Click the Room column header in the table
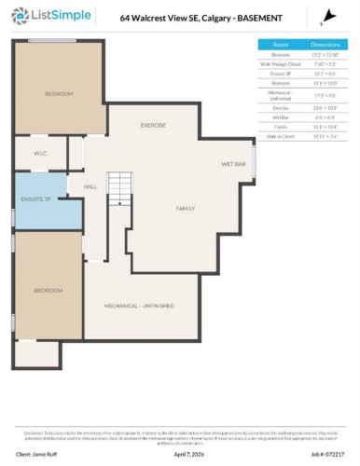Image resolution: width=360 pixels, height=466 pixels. [x=281, y=44]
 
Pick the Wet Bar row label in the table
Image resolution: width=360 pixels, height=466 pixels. [x=281, y=116]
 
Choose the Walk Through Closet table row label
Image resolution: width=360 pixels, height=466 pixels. [x=281, y=63]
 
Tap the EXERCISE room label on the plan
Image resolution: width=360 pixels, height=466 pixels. [x=153, y=125]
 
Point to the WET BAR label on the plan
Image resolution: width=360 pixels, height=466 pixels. [x=233, y=164]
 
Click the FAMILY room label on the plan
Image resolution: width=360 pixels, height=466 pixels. [x=186, y=209]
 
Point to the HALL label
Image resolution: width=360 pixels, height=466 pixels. [x=90, y=187]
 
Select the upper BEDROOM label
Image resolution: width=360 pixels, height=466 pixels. [x=59, y=94]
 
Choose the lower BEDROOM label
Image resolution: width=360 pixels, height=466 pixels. [x=48, y=291]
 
